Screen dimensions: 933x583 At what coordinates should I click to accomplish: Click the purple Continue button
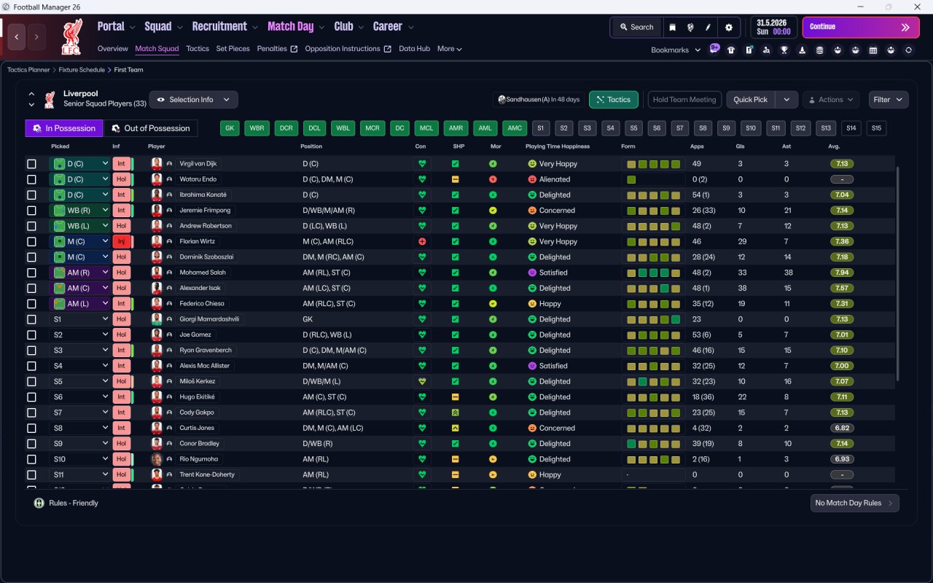click(861, 27)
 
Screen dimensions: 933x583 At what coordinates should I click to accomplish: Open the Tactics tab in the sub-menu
click(198, 49)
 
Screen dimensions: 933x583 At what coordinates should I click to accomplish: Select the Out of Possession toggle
click(150, 128)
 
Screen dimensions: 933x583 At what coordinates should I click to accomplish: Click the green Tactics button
click(613, 100)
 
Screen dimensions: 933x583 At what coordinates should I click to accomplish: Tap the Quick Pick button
click(750, 100)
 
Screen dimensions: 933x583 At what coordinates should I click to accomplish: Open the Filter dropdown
click(888, 100)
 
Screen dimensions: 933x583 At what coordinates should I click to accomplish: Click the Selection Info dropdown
click(194, 100)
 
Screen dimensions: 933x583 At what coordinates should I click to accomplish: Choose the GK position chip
click(230, 128)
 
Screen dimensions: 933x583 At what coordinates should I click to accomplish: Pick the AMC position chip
click(515, 128)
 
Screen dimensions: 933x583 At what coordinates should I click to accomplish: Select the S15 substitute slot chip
click(876, 128)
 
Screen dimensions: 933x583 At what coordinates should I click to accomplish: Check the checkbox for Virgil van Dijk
click(31, 164)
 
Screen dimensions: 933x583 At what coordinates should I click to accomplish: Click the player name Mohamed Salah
click(203, 273)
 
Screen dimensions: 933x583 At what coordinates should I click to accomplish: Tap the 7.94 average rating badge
click(842, 273)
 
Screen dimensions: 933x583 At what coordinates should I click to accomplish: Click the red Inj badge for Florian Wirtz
click(121, 241)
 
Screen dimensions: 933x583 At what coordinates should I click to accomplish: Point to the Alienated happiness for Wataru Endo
click(555, 179)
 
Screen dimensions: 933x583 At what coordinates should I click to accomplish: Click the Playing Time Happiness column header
click(558, 146)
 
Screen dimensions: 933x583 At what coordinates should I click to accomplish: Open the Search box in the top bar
click(637, 27)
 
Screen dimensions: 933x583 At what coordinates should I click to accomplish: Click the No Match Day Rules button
click(854, 503)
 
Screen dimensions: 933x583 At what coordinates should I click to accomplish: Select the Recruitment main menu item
click(219, 27)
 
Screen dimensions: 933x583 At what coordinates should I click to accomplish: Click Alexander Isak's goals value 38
click(741, 288)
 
